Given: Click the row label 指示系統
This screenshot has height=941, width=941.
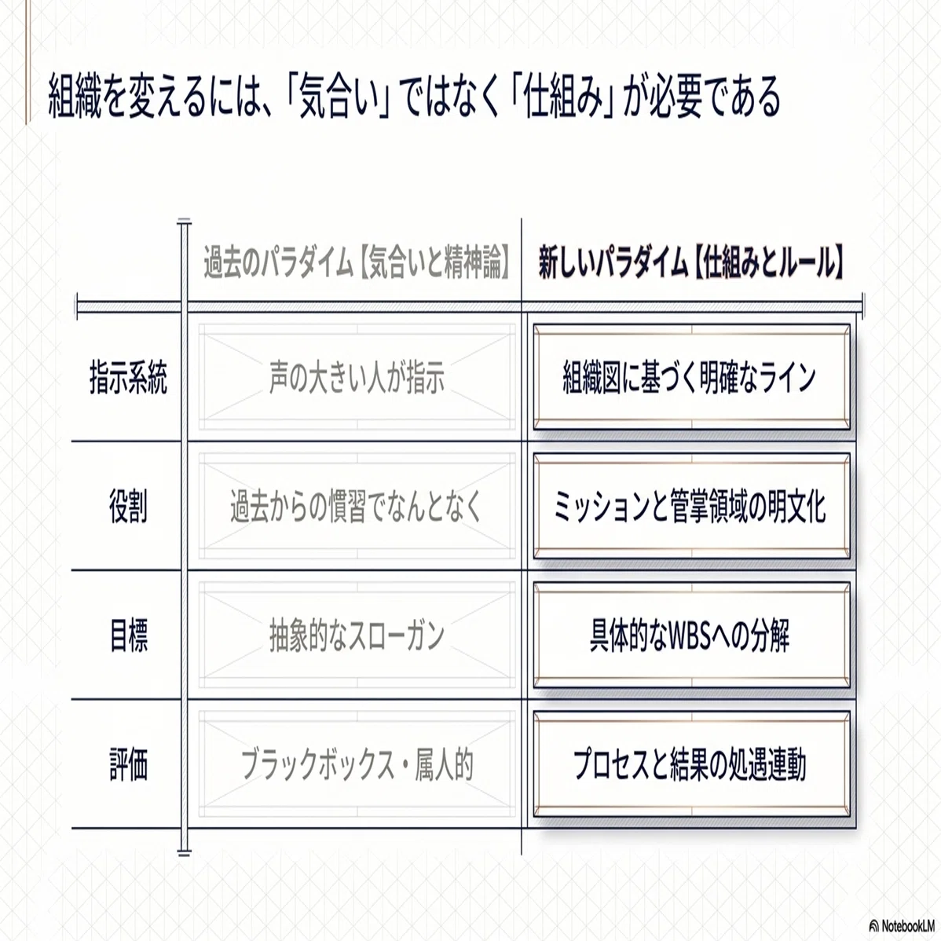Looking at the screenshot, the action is pyautogui.click(x=129, y=377).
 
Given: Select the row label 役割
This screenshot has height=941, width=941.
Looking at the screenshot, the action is pyautogui.click(x=129, y=506).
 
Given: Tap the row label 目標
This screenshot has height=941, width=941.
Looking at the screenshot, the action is pyautogui.click(x=129, y=635).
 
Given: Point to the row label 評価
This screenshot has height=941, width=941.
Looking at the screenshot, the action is pyautogui.click(x=129, y=764).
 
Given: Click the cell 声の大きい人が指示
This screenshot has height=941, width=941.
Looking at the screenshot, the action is pyautogui.click(x=357, y=377).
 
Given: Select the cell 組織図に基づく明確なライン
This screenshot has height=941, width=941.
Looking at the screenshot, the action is pyautogui.click(x=691, y=377).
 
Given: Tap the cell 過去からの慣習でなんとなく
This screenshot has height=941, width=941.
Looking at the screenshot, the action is pyautogui.click(x=357, y=506).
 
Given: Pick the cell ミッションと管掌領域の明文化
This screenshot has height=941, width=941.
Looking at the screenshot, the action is pyautogui.click(x=691, y=506).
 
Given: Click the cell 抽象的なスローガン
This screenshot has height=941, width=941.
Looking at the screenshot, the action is pyautogui.click(x=357, y=635).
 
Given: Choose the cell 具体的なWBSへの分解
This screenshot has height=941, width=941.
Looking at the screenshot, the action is pyautogui.click(x=691, y=635).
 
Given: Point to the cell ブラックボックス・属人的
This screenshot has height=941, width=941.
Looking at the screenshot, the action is pyautogui.click(x=357, y=764).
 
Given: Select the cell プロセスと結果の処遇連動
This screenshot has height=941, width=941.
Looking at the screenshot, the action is pyautogui.click(x=691, y=764).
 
